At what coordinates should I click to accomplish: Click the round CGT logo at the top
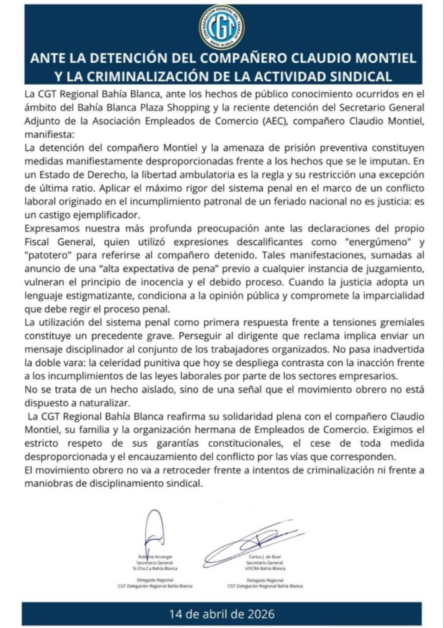click(222, 27)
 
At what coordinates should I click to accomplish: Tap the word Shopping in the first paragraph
click(188, 107)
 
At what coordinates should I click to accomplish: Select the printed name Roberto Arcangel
click(155, 557)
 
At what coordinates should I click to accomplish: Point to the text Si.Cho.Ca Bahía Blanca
click(155, 569)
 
